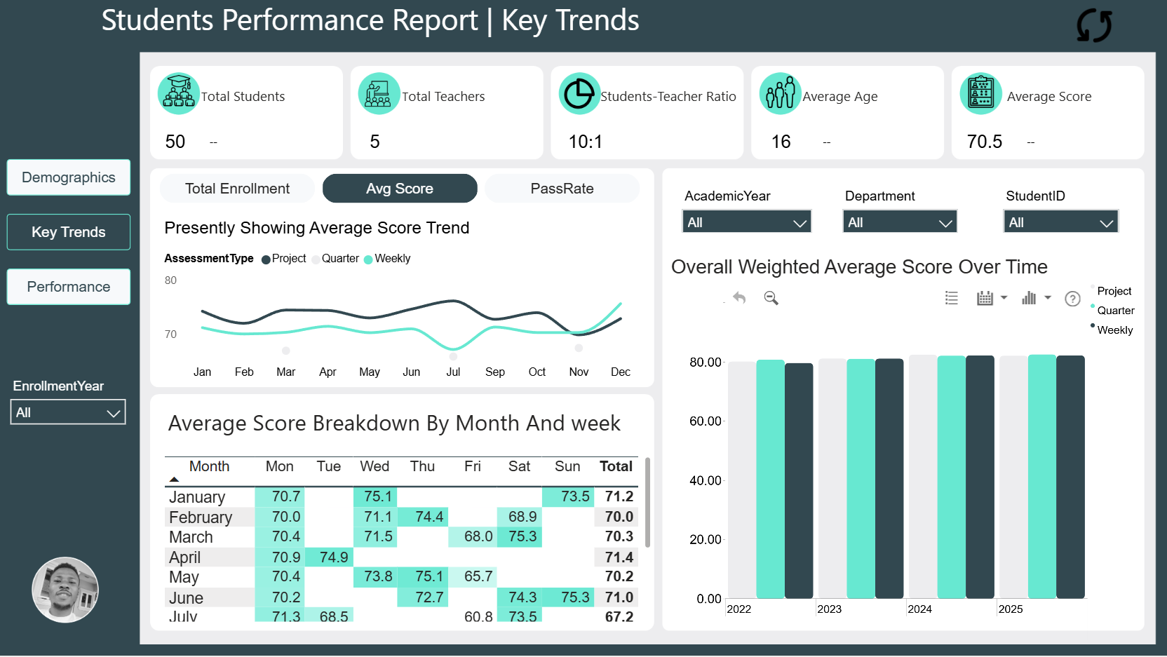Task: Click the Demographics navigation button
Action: click(68, 177)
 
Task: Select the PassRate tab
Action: click(562, 188)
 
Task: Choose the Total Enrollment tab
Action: click(237, 188)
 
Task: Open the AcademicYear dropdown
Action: click(747, 222)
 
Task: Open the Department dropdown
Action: click(900, 222)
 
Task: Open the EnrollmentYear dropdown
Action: click(68, 412)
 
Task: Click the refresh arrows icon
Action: click(1094, 25)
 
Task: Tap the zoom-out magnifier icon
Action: click(771, 298)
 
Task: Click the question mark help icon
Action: click(1072, 299)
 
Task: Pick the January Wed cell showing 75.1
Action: click(375, 496)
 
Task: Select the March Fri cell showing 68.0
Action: click(473, 536)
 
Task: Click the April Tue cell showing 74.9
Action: click(329, 557)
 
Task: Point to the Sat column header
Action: click(520, 466)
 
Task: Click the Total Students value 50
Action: click(175, 142)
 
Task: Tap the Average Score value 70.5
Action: click(984, 142)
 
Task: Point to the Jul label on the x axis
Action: click(453, 372)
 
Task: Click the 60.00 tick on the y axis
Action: click(705, 421)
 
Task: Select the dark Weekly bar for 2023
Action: click(889, 478)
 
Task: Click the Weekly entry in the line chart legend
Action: click(388, 259)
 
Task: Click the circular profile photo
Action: click(65, 590)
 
